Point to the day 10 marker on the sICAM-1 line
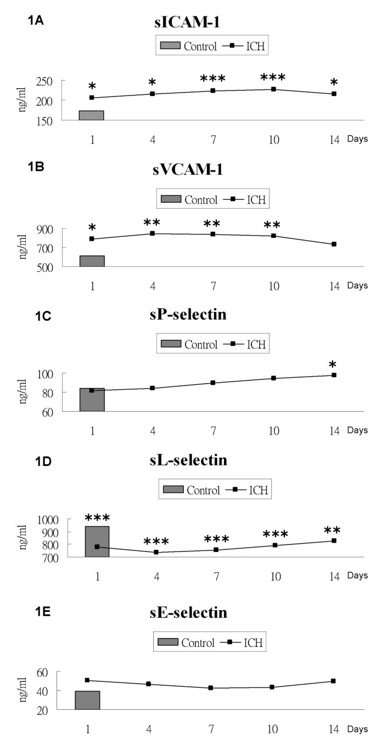click(x=273, y=89)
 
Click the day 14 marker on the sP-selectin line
click(x=334, y=375)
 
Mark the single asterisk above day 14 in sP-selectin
click(x=333, y=365)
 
